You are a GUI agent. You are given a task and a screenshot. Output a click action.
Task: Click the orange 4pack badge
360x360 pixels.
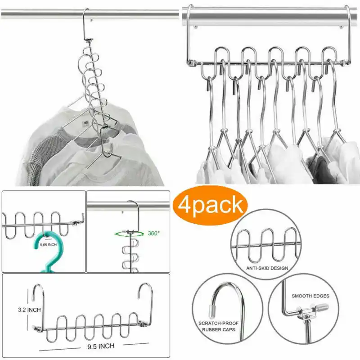click(x=210, y=206)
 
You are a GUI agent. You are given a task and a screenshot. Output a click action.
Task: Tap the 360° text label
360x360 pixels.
click(x=153, y=234)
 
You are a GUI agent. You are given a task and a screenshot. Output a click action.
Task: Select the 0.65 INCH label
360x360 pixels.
click(x=48, y=245)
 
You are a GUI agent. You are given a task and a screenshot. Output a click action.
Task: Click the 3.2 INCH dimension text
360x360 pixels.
click(x=29, y=310)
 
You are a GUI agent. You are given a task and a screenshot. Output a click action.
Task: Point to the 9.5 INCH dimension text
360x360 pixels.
click(x=101, y=346)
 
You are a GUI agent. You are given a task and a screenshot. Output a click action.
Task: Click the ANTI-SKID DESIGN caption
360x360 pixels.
click(x=267, y=268)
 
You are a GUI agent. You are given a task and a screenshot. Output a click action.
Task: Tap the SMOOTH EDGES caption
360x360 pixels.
click(x=310, y=296)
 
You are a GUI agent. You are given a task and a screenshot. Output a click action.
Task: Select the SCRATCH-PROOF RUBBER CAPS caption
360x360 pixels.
click(x=218, y=326)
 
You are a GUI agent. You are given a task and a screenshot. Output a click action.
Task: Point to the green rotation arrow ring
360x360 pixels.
click(x=129, y=234)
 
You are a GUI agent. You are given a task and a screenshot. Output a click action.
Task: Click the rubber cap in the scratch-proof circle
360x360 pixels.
click(x=211, y=312)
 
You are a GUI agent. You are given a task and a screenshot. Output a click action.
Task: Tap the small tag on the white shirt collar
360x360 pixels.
click(x=85, y=123)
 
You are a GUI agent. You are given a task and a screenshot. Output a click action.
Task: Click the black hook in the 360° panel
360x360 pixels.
click(x=134, y=215)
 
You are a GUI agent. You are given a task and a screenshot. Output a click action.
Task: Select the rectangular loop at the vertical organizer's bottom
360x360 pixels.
click(x=107, y=141)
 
